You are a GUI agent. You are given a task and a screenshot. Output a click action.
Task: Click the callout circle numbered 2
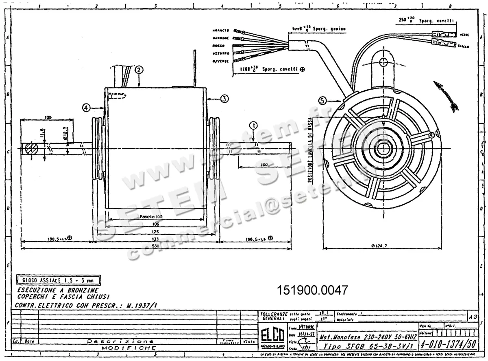coord(139,69)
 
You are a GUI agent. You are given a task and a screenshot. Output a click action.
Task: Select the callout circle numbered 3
coord(224,98)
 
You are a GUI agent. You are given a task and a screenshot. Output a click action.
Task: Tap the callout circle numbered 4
coord(86,108)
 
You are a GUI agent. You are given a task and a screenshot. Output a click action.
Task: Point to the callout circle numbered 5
coord(322,100)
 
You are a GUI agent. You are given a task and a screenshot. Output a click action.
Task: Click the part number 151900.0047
coord(312,291)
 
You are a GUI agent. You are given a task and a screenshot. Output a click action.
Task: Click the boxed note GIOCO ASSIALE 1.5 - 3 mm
coord(58,280)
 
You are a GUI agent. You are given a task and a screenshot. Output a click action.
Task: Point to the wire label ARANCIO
coord(221,31)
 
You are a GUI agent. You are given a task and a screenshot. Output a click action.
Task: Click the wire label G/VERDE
coord(221,61)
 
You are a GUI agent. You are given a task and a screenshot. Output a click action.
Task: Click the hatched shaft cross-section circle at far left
coord(31,148)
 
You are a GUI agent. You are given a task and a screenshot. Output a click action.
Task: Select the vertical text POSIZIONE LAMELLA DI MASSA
coord(310,151)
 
